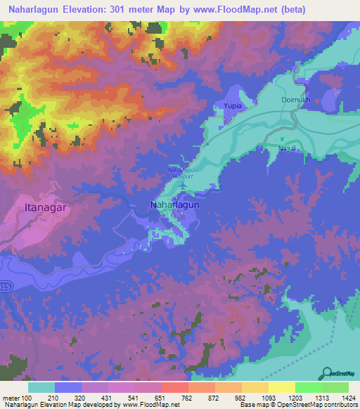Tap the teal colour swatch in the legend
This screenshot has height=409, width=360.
point(41,387)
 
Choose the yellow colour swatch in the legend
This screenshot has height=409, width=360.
point(282,387)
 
